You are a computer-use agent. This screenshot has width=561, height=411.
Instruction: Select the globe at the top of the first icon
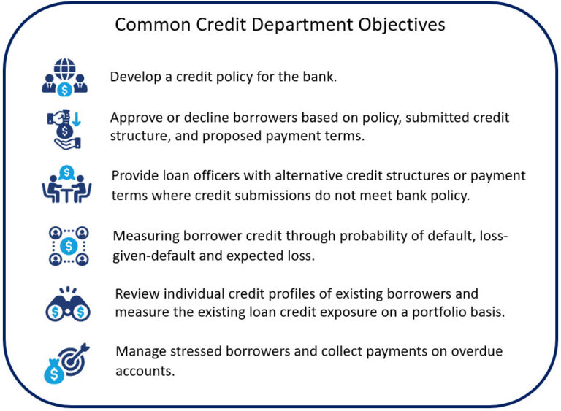pyautogui.click(x=64, y=66)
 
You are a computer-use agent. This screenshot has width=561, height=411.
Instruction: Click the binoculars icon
pyautogui.click(x=67, y=304)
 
